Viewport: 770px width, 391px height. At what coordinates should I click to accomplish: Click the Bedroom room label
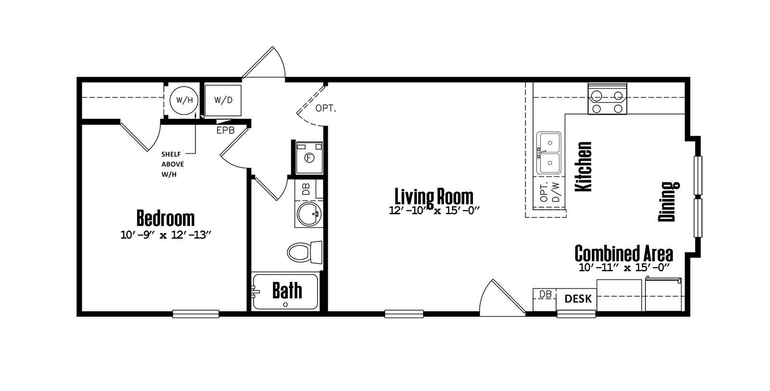tap(166, 218)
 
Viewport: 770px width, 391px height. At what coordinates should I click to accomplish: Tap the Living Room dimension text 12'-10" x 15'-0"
tap(434, 210)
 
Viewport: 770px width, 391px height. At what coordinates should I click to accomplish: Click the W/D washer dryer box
tap(223, 100)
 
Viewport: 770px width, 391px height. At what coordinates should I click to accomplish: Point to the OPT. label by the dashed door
tap(326, 109)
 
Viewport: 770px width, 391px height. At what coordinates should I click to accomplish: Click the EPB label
tap(225, 130)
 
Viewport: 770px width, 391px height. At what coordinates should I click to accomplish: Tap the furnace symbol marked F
tap(309, 157)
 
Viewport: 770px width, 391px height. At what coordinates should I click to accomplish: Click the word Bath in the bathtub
tap(287, 290)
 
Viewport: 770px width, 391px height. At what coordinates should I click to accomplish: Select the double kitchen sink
tap(549, 153)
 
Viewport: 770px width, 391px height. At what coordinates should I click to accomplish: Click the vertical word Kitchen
tap(584, 166)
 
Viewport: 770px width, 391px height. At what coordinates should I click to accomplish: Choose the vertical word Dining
tap(668, 201)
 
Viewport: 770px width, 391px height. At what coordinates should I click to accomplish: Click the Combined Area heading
tap(623, 252)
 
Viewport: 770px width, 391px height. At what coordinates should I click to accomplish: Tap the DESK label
tap(577, 299)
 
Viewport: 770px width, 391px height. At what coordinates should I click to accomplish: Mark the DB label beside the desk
tap(545, 294)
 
